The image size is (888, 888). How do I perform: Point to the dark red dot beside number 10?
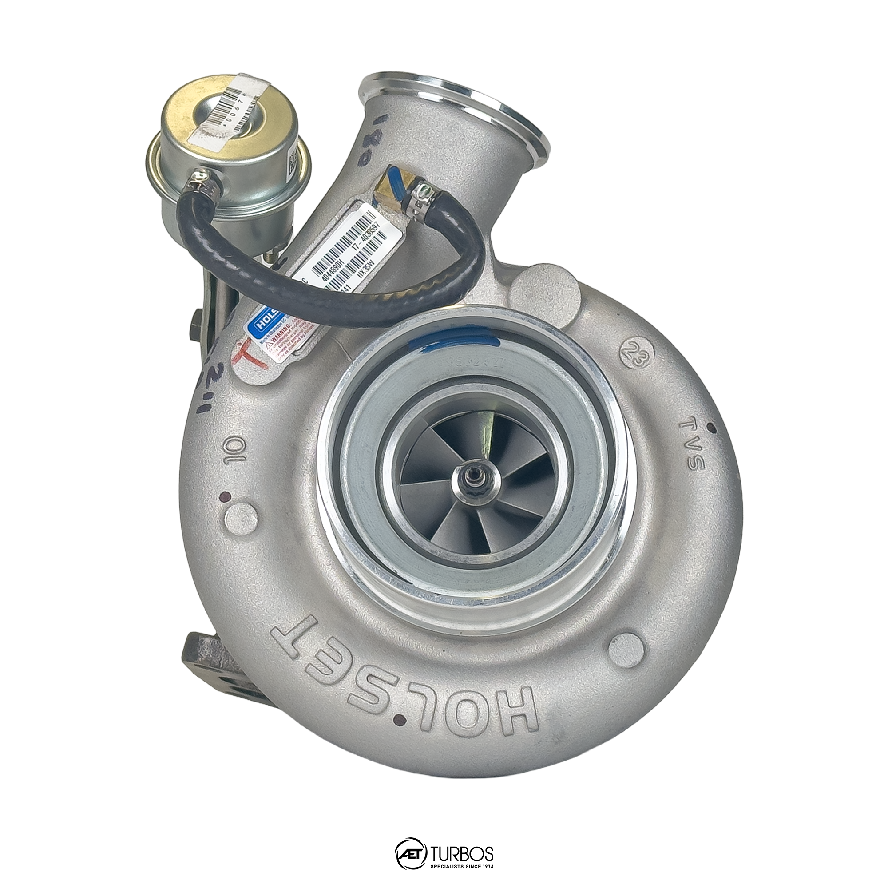tap(225, 497)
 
